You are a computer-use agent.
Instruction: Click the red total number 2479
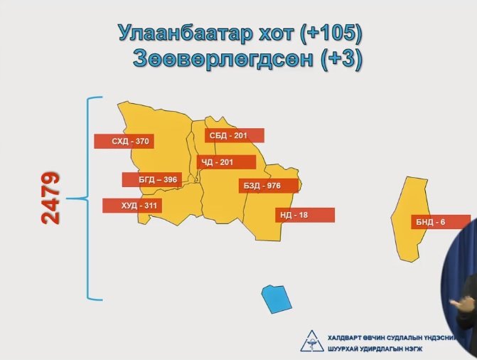50,198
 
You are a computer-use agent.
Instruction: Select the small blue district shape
277,299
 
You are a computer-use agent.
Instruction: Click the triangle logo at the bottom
312,341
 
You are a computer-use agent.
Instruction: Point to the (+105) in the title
331,33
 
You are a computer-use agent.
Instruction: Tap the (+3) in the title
342,58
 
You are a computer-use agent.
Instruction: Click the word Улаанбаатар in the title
186,33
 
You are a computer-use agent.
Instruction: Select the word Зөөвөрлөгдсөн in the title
223,58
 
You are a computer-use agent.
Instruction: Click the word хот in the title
276,34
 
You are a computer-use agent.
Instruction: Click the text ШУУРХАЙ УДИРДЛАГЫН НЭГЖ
375,349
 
